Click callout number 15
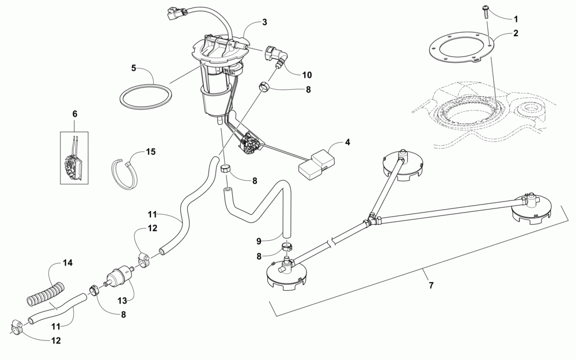(x=150, y=152)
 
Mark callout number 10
(x=307, y=75)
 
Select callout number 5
(x=133, y=67)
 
